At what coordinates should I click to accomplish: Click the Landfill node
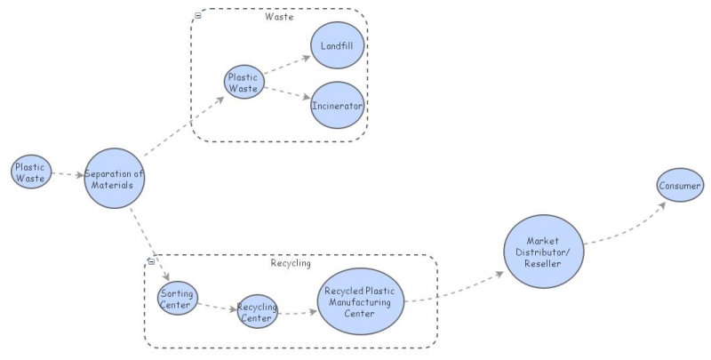click(x=338, y=45)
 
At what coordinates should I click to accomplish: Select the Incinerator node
click(x=338, y=105)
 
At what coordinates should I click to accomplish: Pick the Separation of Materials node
click(x=114, y=178)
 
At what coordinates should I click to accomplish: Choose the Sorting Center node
click(x=178, y=300)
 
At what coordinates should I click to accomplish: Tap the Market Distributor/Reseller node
click(x=543, y=252)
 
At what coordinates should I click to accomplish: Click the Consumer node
click(x=680, y=186)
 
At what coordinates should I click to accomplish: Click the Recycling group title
click(x=290, y=263)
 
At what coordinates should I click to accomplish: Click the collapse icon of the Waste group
click(x=197, y=15)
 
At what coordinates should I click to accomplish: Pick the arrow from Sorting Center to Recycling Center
click(x=218, y=308)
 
